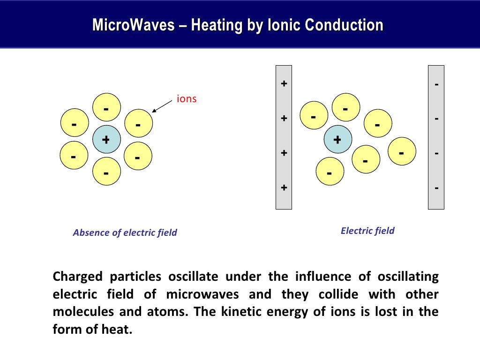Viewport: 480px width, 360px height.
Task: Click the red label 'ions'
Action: (186, 99)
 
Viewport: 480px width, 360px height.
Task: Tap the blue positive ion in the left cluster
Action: (106, 139)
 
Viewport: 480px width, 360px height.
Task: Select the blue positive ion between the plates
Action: (337, 139)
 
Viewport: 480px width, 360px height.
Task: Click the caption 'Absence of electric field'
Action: (125, 232)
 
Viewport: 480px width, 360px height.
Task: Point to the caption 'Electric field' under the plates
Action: (367, 231)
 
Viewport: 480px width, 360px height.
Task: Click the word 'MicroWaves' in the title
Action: (132, 25)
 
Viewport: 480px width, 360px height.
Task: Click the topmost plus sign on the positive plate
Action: (284, 84)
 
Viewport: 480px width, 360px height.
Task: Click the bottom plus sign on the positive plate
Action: (284, 187)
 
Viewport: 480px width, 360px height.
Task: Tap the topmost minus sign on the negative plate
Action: (436, 85)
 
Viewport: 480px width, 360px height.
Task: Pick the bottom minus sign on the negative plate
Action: (436, 188)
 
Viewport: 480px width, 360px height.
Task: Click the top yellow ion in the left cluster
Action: (106, 108)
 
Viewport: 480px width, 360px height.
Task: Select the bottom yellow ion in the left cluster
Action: (106, 172)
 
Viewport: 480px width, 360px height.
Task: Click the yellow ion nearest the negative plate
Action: (402, 151)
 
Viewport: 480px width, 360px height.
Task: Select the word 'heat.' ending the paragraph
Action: (118, 330)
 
